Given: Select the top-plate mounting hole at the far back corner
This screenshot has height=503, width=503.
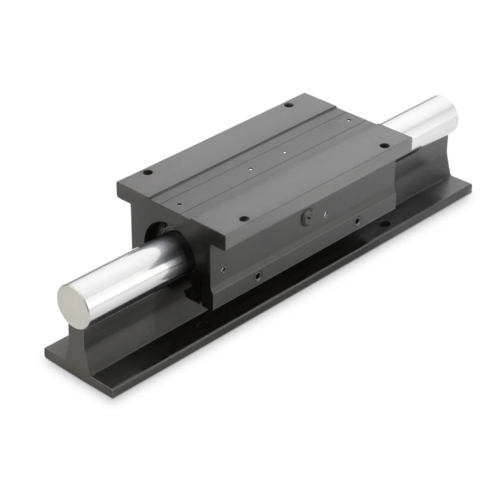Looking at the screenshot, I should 288,105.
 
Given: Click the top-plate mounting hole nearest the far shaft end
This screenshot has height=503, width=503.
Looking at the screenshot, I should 384,145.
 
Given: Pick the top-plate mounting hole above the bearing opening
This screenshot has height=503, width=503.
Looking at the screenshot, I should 147,172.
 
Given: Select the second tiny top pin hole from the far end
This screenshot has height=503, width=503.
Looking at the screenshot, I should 285,151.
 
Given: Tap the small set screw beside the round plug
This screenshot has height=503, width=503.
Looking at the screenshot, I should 325,214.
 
